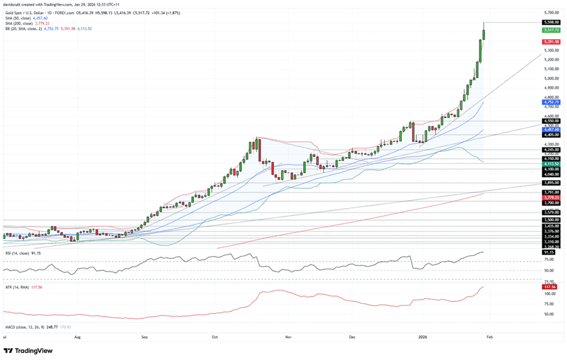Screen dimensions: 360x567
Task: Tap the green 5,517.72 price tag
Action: pyautogui.click(x=551, y=30)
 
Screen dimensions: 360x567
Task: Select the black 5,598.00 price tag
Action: pyautogui.click(x=551, y=22)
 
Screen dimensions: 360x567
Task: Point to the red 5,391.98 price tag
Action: pyautogui.click(x=551, y=42)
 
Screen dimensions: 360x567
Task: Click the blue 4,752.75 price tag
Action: pyautogui.click(x=551, y=102)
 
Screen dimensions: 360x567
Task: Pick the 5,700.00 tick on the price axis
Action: pyautogui.click(x=551, y=13)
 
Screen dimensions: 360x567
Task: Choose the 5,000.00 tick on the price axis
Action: pyautogui.click(x=551, y=78)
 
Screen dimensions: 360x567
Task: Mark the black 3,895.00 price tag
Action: pyautogui.click(x=551, y=183)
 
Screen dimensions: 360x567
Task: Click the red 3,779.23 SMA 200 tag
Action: pyautogui.click(x=551, y=197)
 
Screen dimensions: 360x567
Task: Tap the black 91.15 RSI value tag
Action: pyautogui.click(x=551, y=252)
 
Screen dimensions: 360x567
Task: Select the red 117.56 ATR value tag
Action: pyautogui.click(x=551, y=286)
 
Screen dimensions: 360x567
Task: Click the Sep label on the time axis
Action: pyautogui.click(x=144, y=337)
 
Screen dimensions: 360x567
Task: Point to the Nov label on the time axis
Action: pyautogui.click(x=288, y=337)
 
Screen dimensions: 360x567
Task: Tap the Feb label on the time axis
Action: pyautogui.click(x=489, y=337)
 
